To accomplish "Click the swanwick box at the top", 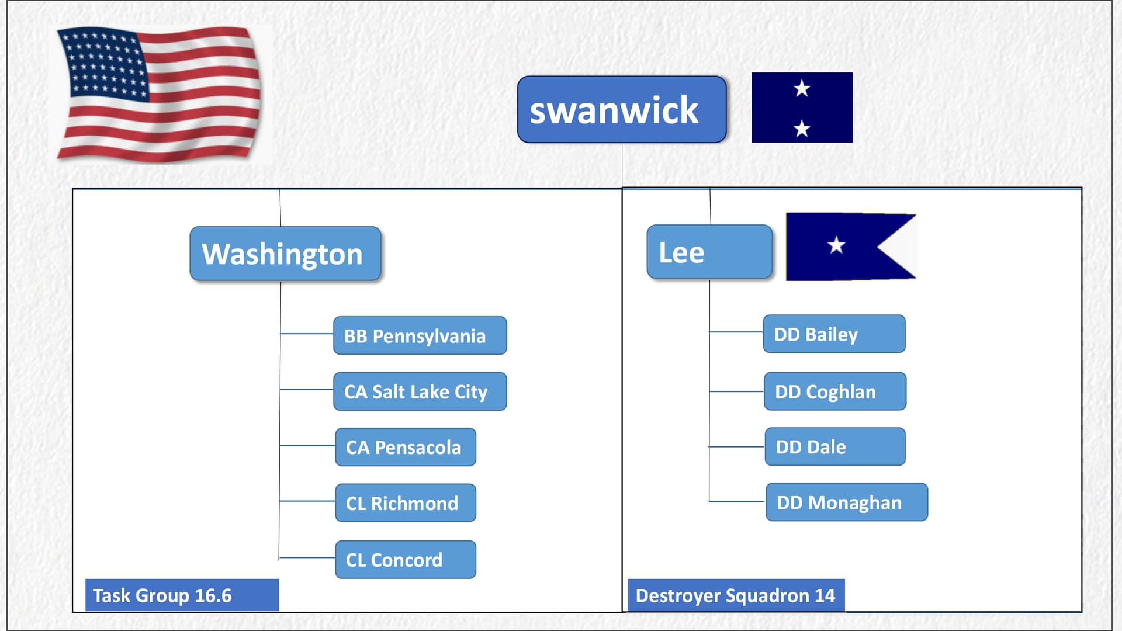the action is coord(622,109).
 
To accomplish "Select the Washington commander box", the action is coord(285,254).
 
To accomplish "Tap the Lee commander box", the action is coord(709,252).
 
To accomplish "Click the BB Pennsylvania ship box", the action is coord(420,335).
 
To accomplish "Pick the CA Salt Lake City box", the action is coord(420,391).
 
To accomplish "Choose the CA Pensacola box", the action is coord(406,447).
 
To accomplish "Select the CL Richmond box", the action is coord(406,503).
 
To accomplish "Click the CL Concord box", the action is coord(406,560).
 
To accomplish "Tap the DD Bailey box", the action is coord(834,334).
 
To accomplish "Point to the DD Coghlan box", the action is coord(835,391).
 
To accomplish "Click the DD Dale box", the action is coord(835,446).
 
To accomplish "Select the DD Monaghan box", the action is coord(847,502).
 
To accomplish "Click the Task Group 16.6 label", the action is coord(182,595).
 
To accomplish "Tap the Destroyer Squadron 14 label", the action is coord(736,595).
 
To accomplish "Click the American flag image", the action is coord(159,93).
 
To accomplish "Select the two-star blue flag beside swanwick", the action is coord(802,108).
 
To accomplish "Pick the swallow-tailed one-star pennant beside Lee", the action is coord(851,247).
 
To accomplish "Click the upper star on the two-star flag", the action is coord(802,89).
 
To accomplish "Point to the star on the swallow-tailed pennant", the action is coord(836,245).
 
